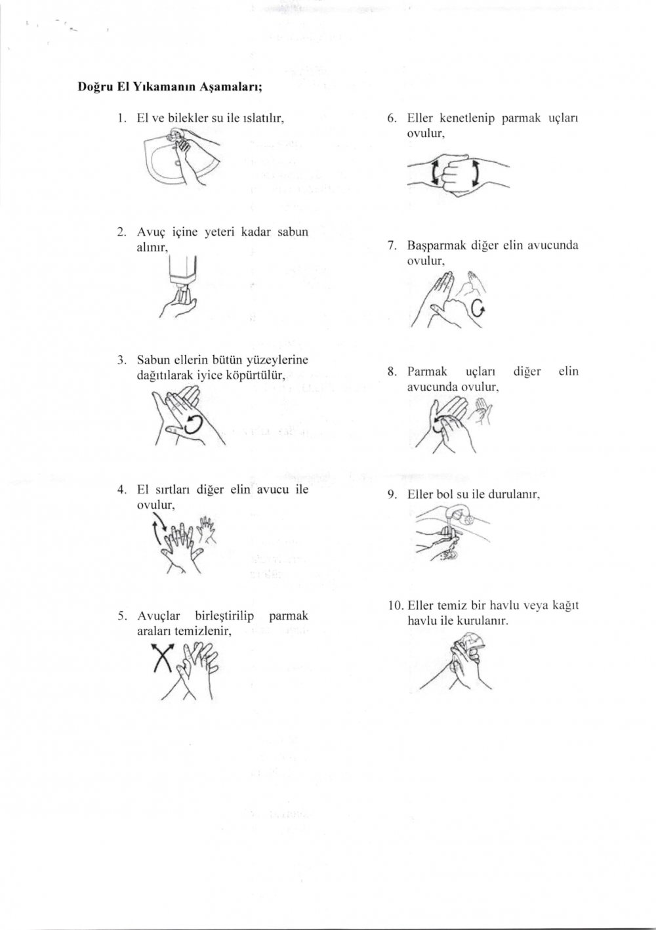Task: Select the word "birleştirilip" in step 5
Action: [224, 616]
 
